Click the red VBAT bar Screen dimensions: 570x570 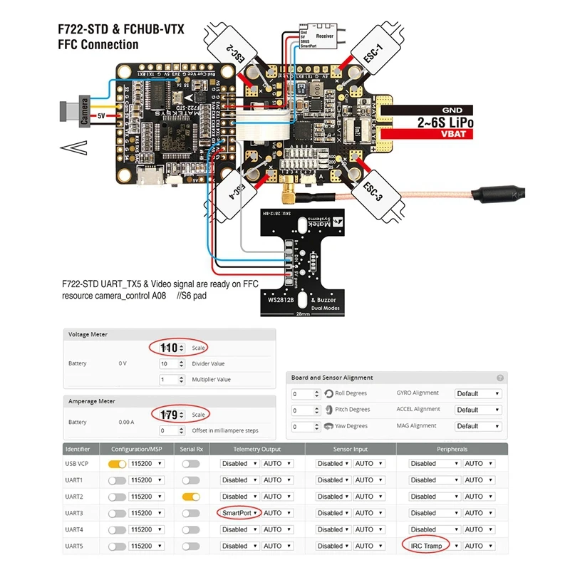[449, 134]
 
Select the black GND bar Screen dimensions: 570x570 [449, 110]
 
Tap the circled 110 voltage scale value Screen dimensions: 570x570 [170, 348]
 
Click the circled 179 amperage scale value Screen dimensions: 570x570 [170, 414]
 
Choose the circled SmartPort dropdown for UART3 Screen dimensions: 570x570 [238, 513]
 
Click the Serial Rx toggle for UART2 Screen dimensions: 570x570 [190, 497]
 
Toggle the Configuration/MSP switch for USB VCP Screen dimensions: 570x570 [117, 464]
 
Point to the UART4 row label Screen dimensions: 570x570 [75, 529]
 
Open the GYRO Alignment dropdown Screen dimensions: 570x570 [478, 393]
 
